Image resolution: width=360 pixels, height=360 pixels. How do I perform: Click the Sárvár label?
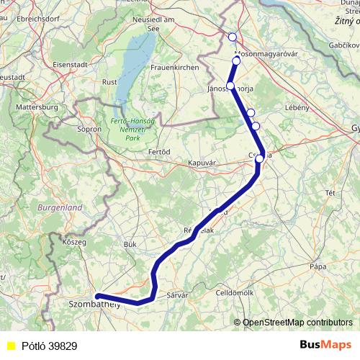point(176,295)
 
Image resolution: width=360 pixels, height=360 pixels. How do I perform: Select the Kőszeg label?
point(75,242)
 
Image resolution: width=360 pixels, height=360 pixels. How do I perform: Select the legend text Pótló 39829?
point(50,346)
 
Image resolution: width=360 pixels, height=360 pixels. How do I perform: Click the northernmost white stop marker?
point(232,37)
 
